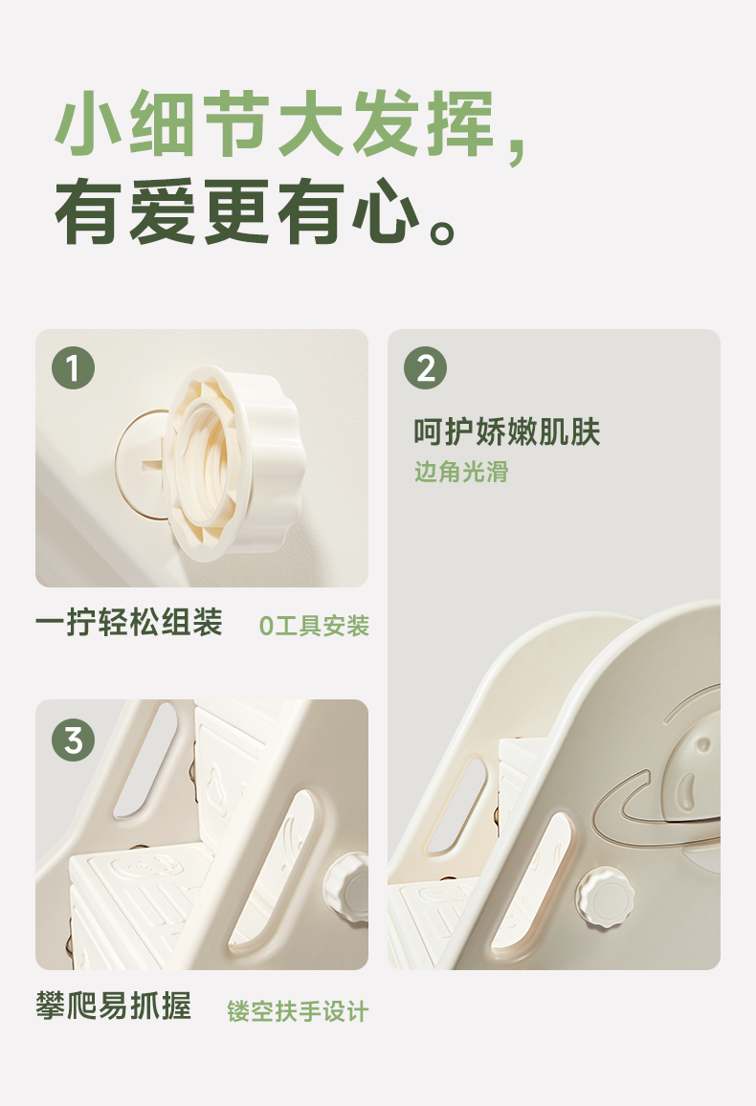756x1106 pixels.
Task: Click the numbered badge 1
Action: pyautogui.click(x=74, y=367)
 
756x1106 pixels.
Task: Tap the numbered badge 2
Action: pyautogui.click(x=425, y=367)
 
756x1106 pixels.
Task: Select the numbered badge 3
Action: pyautogui.click(x=74, y=740)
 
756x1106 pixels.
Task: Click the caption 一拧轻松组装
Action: pyautogui.click(x=129, y=622)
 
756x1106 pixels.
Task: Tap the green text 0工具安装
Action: pyautogui.click(x=314, y=626)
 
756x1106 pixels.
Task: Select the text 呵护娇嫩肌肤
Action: pyautogui.click(x=506, y=431)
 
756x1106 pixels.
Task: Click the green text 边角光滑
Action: pyautogui.click(x=461, y=472)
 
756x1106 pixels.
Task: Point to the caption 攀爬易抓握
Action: pyautogui.click(x=114, y=1006)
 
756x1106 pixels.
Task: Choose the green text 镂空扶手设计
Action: pyautogui.click(x=298, y=1011)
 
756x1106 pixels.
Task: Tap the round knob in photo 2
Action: pyautogui.click(x=605, y=897)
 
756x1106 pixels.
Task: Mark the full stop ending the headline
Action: pyautogui.click(x=442, y=230)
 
